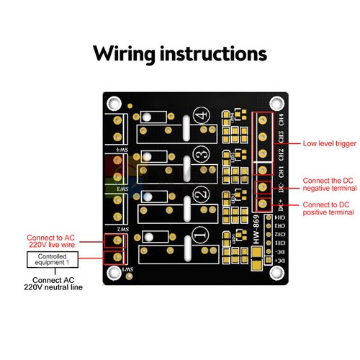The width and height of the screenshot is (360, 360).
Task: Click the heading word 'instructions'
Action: [x=213, y=54]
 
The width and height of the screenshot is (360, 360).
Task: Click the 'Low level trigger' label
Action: [x=328, y=143]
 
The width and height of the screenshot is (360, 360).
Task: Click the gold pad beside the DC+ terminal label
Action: [x=264, y=204]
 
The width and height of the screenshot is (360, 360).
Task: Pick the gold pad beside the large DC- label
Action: [x=264, y=188]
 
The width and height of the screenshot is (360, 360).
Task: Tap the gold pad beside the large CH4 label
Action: [x=264, y=120]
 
